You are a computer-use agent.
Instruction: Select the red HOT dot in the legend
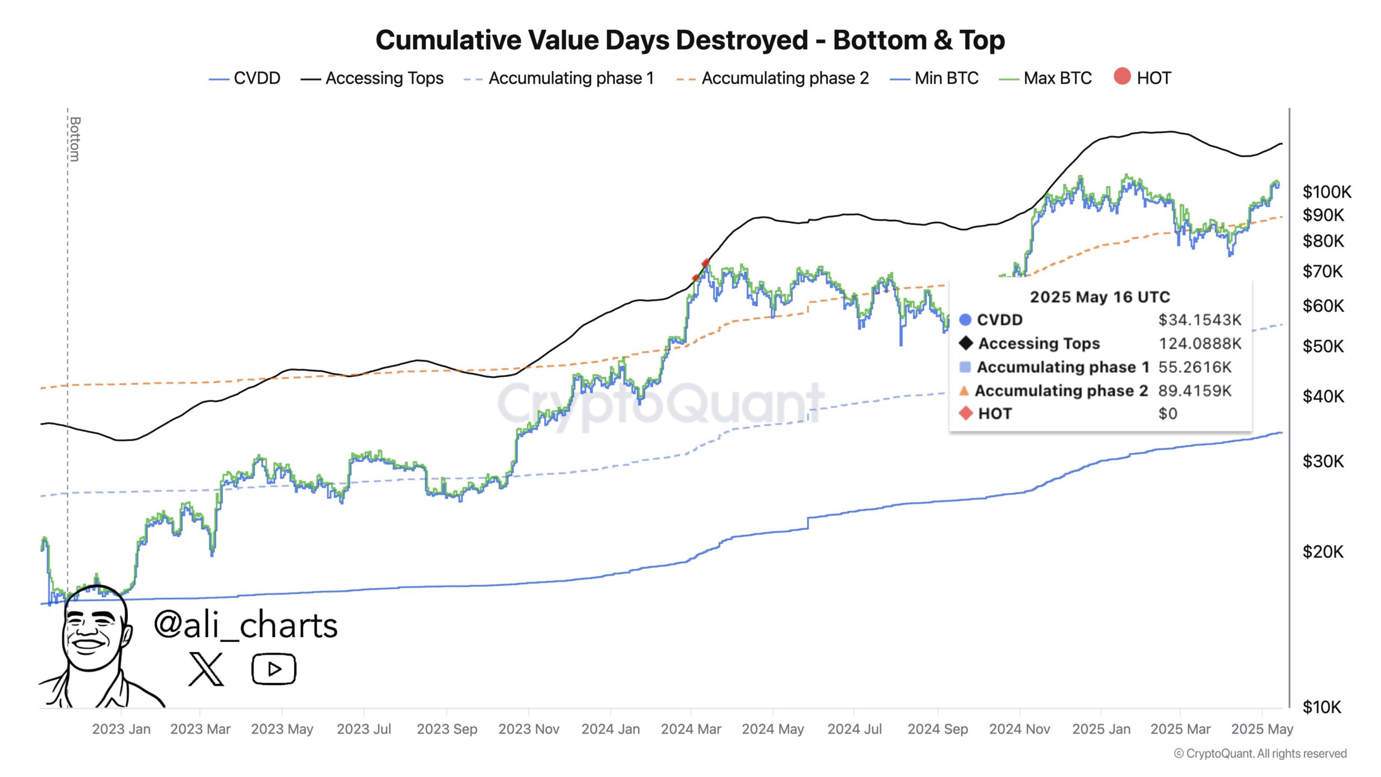coord(1122,77)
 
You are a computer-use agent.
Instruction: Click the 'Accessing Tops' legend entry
coord(384,78)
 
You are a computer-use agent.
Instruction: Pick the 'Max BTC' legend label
coord(1057,78)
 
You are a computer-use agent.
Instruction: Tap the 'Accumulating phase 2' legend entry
coord(785,78)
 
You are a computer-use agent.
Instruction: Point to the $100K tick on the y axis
coord(1327,192)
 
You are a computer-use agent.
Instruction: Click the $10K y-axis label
coord(1321,707)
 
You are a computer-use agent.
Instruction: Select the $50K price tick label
coord(1323,346)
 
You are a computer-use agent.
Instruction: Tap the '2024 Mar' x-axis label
coord(691,729)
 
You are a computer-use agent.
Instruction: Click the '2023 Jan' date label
coord(121,729)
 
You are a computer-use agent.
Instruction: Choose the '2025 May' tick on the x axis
coord(1262,729)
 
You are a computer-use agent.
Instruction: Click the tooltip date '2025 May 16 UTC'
coord(1100,297)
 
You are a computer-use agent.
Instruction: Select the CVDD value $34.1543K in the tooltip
coord(1200,320)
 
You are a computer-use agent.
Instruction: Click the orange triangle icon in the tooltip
coord(965,390)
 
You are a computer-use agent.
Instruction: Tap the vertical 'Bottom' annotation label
coord(75,139)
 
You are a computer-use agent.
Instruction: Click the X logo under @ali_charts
coord(206,669)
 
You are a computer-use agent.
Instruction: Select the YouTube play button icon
coord(274,669)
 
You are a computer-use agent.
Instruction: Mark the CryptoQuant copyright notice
coord(1260,754)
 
